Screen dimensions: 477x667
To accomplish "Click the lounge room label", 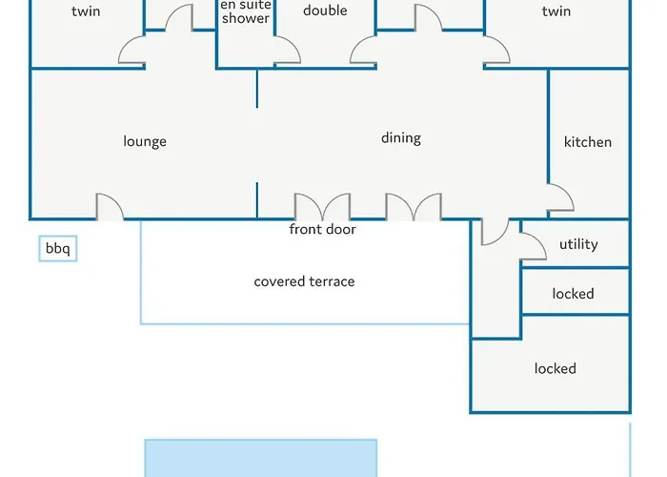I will click(x=145, y=141).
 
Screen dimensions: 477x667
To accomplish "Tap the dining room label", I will click(x=401, y=138).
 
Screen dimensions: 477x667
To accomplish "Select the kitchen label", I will click(x=588, y=142).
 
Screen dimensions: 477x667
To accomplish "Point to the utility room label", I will click(x=578, y=244).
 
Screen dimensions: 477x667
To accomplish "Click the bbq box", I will click(x=57, y=250).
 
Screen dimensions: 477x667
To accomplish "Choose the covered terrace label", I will click(x=304, y=281).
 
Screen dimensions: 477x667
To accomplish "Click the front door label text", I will click(x=323, y=230).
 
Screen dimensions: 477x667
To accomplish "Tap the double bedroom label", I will click(x=325, y=10).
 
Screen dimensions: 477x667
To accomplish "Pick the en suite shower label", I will click(x=246, y=11).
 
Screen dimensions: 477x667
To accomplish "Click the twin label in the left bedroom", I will click(x=86, y=11).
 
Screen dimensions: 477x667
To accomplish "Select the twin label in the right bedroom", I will click(x=556, y=11).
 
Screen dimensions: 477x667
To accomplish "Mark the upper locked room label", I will click(x=574, y=294).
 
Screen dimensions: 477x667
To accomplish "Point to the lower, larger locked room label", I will click(x=555, y=368).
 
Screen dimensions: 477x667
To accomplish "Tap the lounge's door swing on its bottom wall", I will click(x=110, y=207).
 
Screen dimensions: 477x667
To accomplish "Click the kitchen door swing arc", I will click(x=561, y=197).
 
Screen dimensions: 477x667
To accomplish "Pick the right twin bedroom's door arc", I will click(x=496, y=52).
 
